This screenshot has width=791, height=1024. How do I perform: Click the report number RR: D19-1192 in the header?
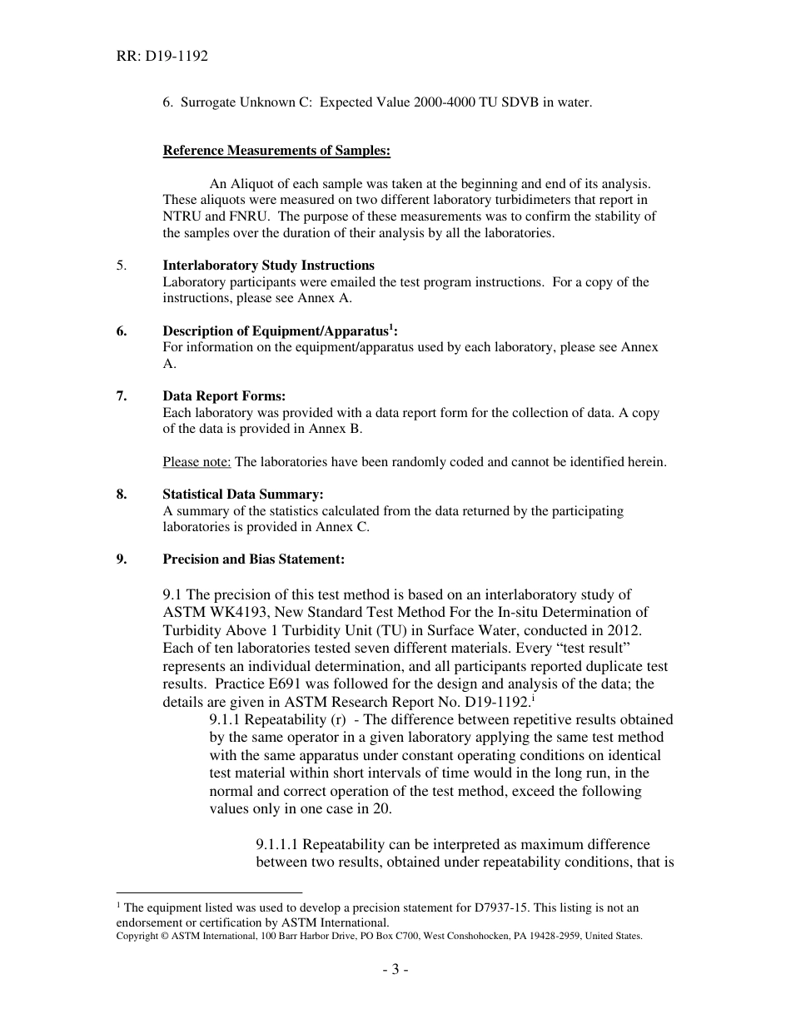point(162,57)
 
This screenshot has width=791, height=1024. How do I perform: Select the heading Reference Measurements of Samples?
point(276,151)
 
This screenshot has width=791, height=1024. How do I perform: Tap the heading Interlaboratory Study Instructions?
point(268,266)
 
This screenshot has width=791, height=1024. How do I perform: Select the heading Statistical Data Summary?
point(243,495)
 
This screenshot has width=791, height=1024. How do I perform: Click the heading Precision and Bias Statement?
point(253,559)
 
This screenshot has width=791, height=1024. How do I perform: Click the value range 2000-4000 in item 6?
point(434,103)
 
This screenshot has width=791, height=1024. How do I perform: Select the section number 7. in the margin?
point(122,396)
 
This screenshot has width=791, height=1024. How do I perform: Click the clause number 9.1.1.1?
point(281,845)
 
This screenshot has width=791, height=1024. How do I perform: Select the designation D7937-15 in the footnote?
point(500,907)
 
